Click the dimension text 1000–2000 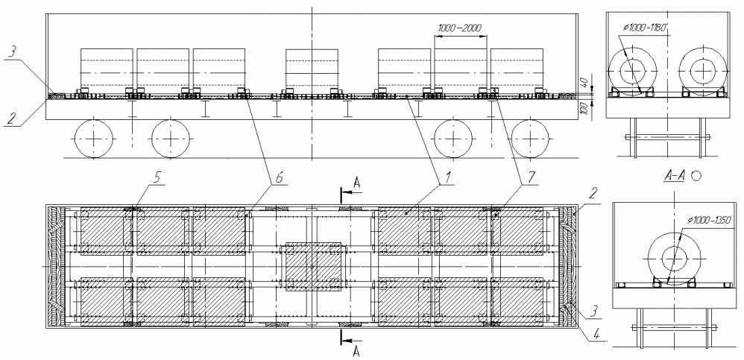click(x=460, y=28)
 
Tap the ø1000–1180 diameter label click(x=646, y=28)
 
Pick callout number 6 click(x=279, y=178)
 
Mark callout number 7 click(x=531, y=178)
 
